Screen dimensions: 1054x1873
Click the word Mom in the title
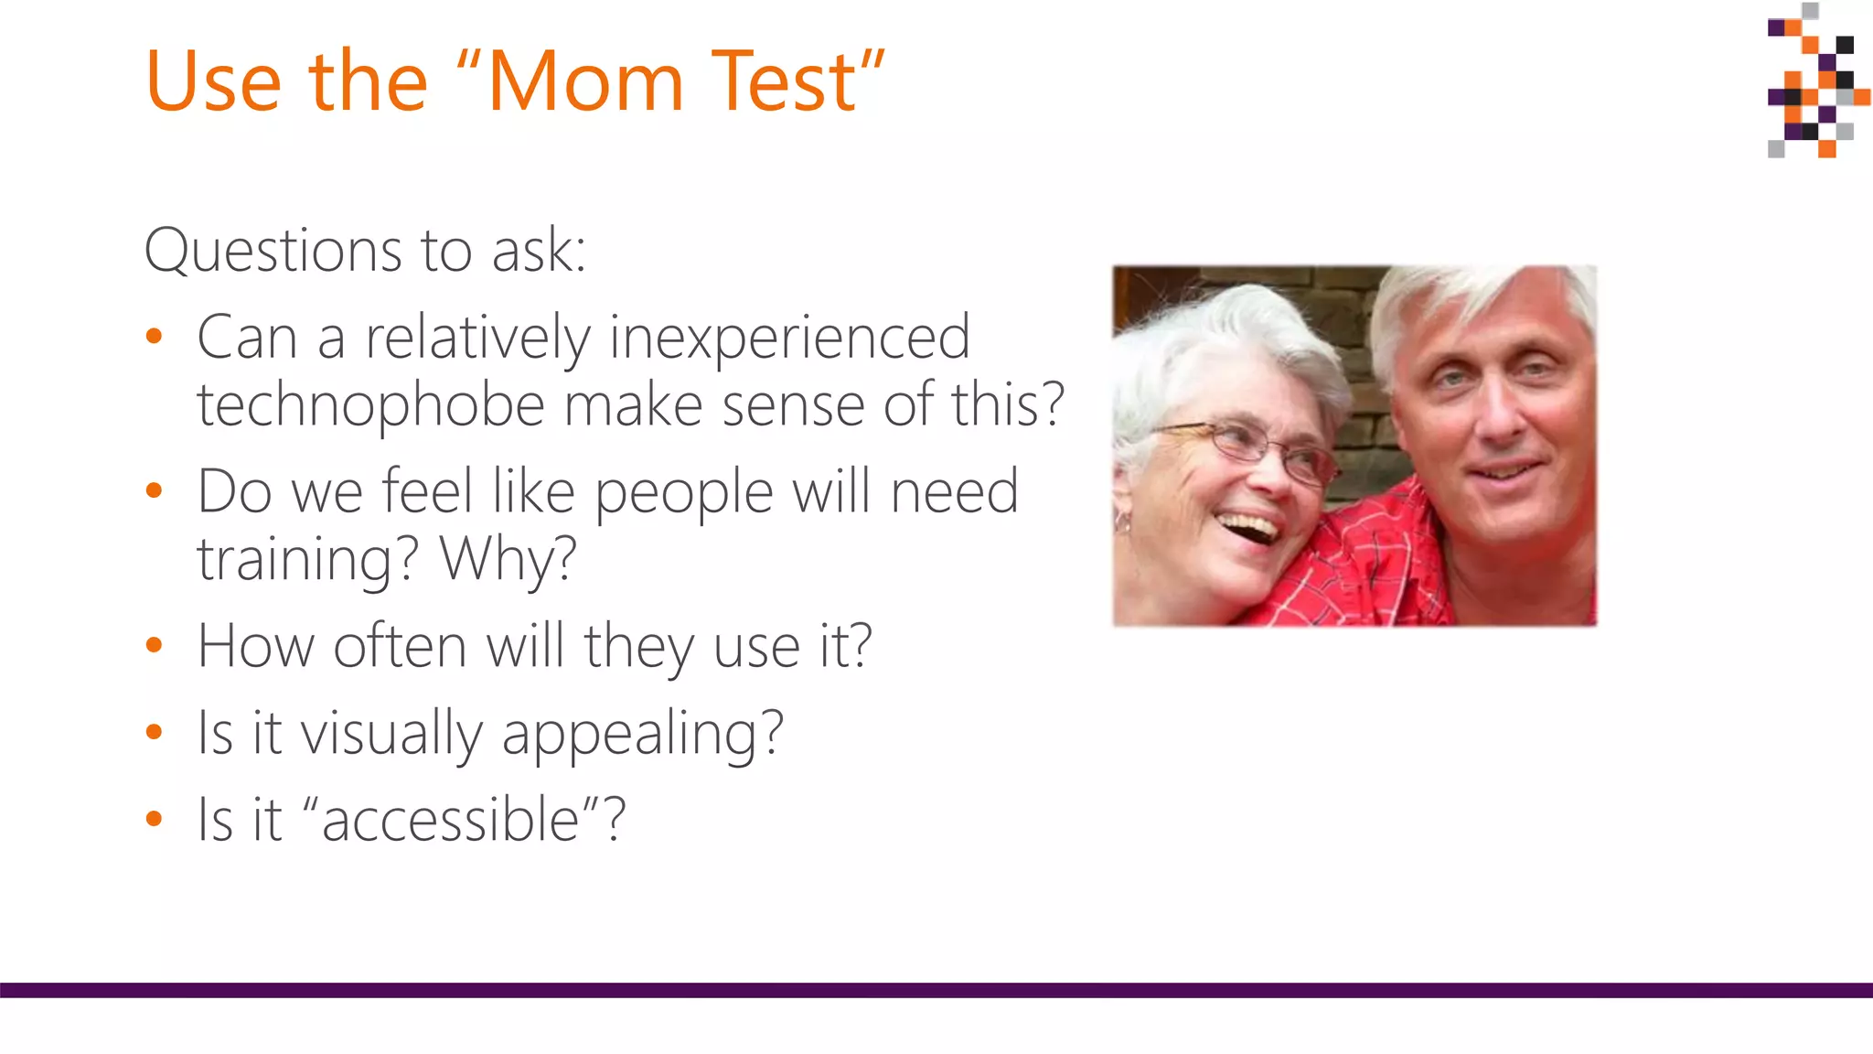tap(585, 82)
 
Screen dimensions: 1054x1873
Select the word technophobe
tap(370, 404)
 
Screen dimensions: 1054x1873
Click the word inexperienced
tap(789, 338)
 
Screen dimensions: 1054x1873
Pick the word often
tap(400, 646)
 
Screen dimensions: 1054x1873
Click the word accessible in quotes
tap(450, 819)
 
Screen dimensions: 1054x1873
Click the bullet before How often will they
tap(154, 646)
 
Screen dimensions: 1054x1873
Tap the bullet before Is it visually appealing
tap(154, 732)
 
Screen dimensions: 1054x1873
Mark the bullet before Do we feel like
tap(154, 491)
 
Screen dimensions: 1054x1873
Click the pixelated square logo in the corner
tap(1816, 82)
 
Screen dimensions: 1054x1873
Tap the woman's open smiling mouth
tap(1248, 528)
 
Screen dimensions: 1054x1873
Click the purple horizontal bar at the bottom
tap(936, 990)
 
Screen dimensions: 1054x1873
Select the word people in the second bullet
tap(684, 493)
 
